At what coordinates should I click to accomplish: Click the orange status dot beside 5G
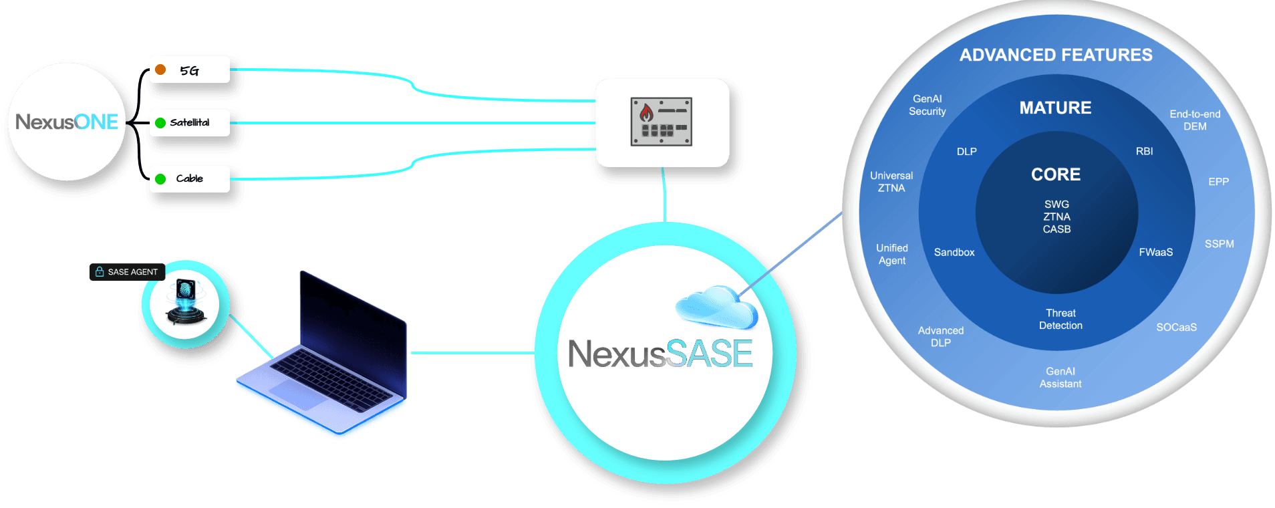pos(160,70)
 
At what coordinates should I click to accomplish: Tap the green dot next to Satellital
pos(160,123)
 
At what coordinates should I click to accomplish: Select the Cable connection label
pos(189,178)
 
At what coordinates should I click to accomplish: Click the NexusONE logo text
pos(67,122)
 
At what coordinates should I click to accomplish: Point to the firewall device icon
pos(661,122)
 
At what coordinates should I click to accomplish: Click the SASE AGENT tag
pos(127,272)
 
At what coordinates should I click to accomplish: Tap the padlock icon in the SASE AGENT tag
pos(100,272)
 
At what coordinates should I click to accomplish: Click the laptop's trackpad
pos(297,394)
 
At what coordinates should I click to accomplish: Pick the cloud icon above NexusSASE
pos(716,307)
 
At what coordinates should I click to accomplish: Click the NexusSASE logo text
pos(660,354)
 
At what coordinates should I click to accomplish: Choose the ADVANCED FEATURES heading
pos(1056,55)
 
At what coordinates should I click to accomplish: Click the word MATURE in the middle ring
pos(1055,108)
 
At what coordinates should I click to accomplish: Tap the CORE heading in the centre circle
pos(1056,174)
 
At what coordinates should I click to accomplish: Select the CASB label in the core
pos(1056,229)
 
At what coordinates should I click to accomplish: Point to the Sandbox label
pos(954,252)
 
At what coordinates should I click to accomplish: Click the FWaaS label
pos(1156,252)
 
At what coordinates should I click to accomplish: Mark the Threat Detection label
pos(1060,319)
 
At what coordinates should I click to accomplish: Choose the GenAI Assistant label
pos(1060,377)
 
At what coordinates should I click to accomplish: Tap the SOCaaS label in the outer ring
pos(1177,327)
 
